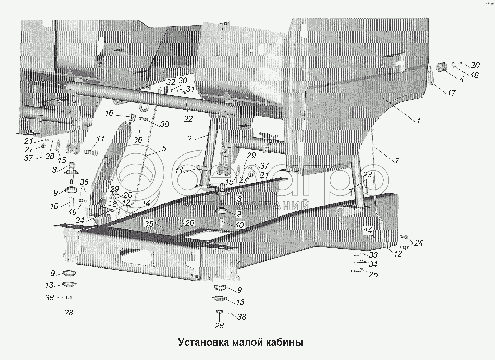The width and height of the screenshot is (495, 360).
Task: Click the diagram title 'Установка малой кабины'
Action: click(240, 342)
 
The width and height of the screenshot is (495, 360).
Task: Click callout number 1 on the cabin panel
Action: click(418, 121)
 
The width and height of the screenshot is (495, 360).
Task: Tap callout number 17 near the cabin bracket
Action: click(451, 93)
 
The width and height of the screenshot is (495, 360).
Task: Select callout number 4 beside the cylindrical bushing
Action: click(462, 79)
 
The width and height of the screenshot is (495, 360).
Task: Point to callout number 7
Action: click(397, 160)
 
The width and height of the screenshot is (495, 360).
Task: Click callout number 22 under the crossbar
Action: click(188, 119)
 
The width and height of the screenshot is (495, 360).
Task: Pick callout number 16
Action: click(109, 113)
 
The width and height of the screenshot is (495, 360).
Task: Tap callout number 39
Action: click(165, 124)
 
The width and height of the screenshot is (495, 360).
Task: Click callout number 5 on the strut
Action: click(164, 148)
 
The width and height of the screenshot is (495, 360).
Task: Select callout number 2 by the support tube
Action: click(189, 138)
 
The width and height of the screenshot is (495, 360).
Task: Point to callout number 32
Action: click(171, 82)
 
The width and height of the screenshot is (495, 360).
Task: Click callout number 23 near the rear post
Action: click(367, 175)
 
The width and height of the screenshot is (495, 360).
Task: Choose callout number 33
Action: click(373, 255)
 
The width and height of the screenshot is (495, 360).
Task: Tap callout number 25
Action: click(373, 274)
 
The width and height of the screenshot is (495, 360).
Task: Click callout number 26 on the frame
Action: click(189, 223)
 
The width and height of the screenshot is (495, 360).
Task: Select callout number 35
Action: click(149, 224)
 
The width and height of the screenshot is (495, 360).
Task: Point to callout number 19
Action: click(72, 212)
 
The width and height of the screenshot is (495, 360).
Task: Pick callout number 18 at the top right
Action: click(474, 75)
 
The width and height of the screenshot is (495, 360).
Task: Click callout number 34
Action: click(373, 264)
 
